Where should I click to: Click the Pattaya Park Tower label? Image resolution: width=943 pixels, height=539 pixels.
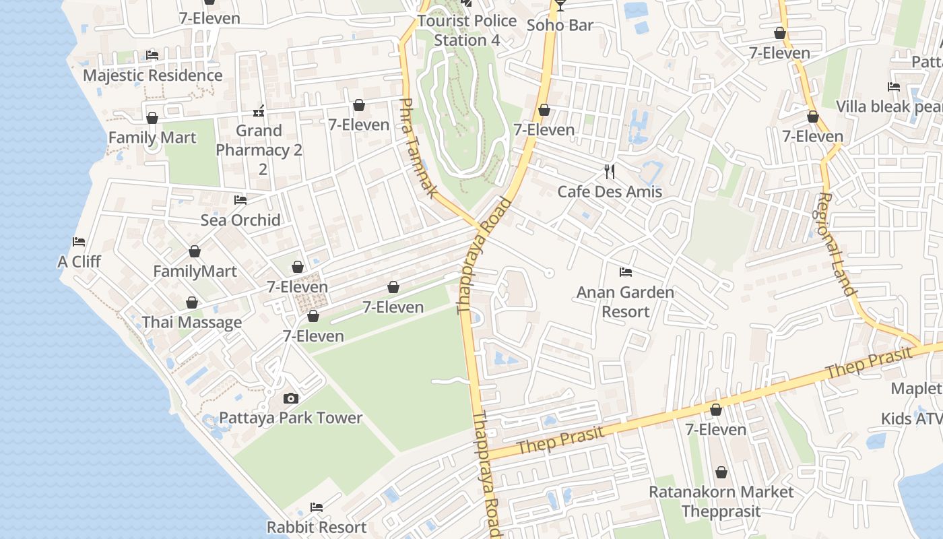coord(290,418)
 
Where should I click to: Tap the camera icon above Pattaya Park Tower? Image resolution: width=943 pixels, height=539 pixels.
coord(290,398)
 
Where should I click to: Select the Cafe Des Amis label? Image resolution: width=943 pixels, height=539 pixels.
coord(610,191)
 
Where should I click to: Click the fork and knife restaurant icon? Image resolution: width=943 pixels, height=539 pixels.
coord(610,171)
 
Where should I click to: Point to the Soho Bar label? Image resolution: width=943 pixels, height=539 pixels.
coord(560,26)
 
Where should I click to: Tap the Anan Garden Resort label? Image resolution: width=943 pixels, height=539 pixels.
coord(625,302)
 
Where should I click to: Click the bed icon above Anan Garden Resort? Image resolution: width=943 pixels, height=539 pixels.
coord(626,272)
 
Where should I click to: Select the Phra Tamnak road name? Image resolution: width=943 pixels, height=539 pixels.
coord(418,148)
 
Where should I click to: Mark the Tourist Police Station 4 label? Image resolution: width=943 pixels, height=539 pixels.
coord(467,30)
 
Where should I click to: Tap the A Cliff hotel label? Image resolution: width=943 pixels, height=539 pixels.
coord(79,261)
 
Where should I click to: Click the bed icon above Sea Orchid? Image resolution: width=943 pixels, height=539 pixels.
coord(240,199)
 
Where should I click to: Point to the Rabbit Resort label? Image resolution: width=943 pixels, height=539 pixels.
coord(317,527)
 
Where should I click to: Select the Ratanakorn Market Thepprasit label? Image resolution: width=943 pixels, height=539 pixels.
coord(721,501)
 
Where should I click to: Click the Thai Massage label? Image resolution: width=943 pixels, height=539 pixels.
coord(192,322)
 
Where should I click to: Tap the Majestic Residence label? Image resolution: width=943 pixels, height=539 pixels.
coord(152,75)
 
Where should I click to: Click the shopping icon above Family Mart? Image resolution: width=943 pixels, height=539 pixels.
coord(152,118)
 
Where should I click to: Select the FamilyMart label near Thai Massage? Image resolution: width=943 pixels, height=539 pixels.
coord(195,272)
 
